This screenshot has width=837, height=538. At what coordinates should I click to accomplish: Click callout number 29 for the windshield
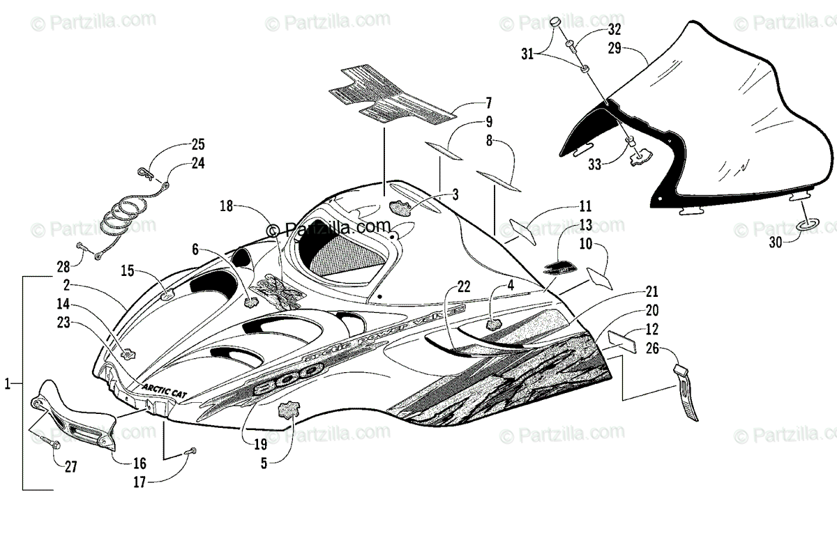click(x=614, y=49)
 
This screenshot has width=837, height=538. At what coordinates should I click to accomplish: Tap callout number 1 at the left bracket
click(x=8, y=383)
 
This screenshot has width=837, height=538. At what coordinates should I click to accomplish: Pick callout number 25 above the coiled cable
click(x=198, y=145)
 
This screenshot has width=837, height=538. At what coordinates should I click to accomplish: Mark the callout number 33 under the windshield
click(x=594, y=164)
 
